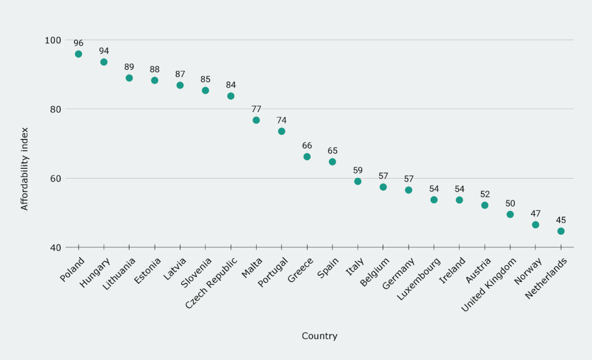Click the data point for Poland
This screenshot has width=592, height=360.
[x=79, y=54]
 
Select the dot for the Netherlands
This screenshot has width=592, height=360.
[x=561, y=231]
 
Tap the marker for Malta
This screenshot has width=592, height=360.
[x=256, y=120]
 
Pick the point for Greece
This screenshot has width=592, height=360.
[x=307, y=157]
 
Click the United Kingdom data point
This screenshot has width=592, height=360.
[x=510, y=214]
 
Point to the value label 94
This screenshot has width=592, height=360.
[x=104, y=51]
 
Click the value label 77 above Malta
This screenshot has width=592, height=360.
[x=256, y=109]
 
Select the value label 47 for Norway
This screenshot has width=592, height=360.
[x=535, y=213]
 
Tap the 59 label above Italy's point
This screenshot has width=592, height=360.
[x=358, y=170]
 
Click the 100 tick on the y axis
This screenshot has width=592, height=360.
[x=53, y=40]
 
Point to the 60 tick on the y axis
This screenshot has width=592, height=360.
[x=55, y=178]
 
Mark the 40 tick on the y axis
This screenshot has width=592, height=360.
[x=55, y=247]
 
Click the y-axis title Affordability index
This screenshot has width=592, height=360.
[x=24, y=168]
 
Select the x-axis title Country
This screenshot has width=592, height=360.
[x=319, y=336]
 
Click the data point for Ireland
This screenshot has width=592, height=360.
[x=459, y=200]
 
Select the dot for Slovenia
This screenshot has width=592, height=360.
[x=205, y=90]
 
